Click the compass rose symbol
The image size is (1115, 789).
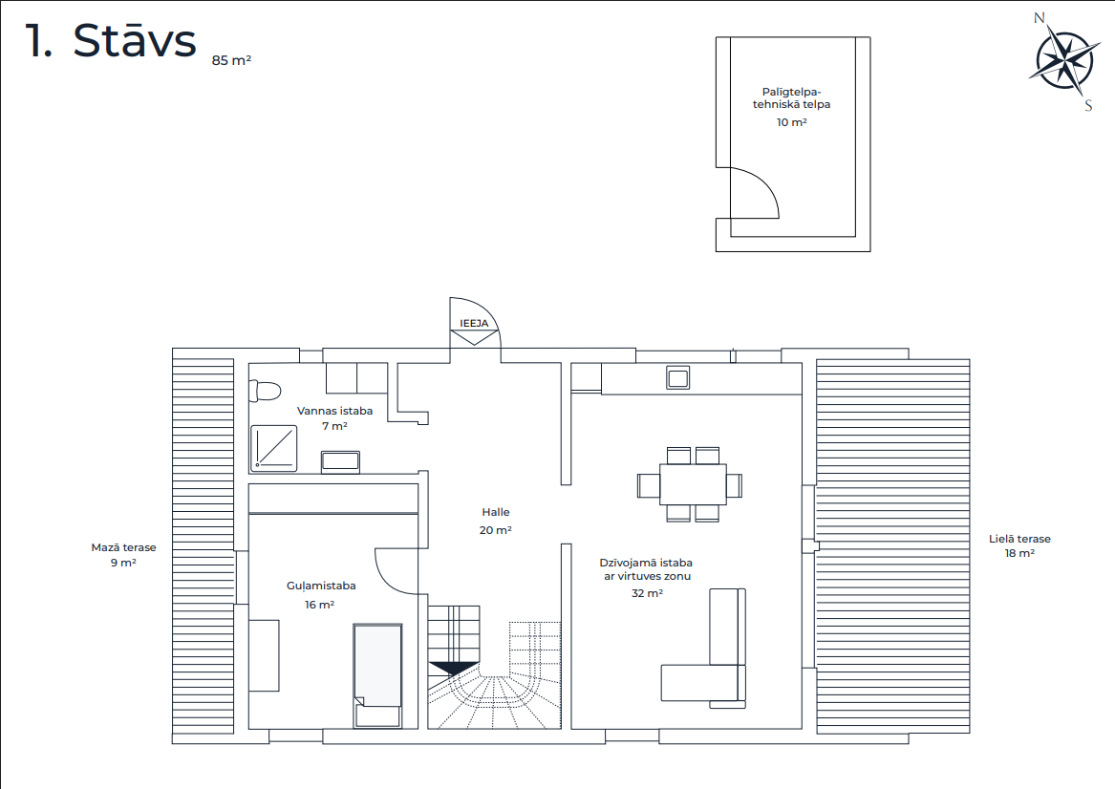coord(1064,62)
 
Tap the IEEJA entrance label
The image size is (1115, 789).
coord(474,324)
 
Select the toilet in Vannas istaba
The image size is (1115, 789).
coord(265,391)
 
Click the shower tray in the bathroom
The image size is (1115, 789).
coord(274,449)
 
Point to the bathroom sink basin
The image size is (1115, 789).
coord(340,461)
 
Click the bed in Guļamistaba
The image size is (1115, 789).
coord(377,675)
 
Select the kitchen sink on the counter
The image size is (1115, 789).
coord(677,378)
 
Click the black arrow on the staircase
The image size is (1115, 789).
coord(453,668)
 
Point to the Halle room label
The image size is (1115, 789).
coord(496,512)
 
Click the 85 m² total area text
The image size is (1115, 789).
coord(231,60)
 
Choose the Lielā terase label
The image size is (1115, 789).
coord(1019,539)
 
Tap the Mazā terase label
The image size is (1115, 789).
coord(124,547)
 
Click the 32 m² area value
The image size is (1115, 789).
coord(647,593)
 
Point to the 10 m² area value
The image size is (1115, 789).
coord(791,122)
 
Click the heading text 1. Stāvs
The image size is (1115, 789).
coord(110,40)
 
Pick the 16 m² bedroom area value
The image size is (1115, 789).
coord(319,605)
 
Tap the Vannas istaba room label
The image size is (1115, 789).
coord(335,411)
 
